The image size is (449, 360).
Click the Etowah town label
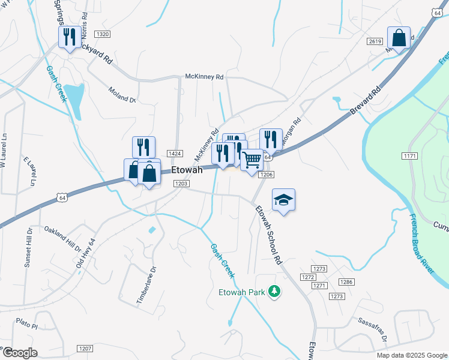click(x=187, y=170)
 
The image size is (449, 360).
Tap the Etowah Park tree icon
click(x=274, y=292)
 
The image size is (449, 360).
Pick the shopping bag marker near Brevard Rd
click(x=399, y=37)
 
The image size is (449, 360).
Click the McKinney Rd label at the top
click(x=204, y=77)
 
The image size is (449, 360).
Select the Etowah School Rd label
click(x=268, y=235)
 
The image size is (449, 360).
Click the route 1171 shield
click(x=410, y=156)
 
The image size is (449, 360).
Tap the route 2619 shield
click(x=375, y=41)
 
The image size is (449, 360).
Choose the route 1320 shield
click(x=103, y=34)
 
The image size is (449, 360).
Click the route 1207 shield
click(x=85, y=348)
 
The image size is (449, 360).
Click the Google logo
click(x=19, y=353)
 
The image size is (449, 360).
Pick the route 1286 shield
click(x=345, y=281)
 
